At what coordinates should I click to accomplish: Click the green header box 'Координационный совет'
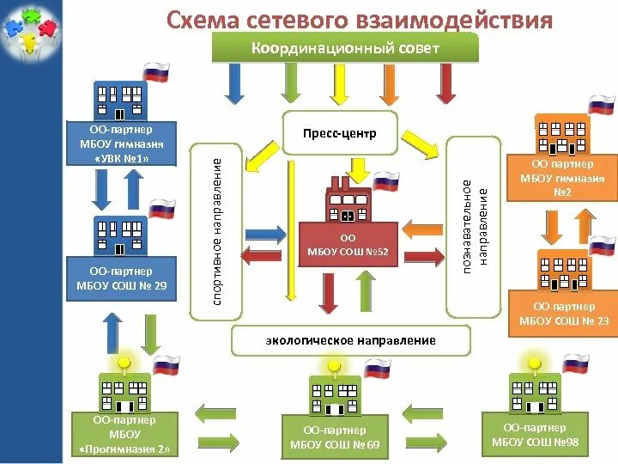tap(345, 48)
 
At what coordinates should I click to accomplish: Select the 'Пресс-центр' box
tap(340, 134)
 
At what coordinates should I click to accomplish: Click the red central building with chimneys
tap(347, 203)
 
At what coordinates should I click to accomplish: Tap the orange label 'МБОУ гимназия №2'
tap(563, 178)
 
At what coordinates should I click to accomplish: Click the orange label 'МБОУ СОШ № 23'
tap(563, 314)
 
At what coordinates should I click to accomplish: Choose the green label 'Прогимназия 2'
tap(125, 435)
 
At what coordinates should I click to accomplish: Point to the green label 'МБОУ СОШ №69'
tap(335, 437)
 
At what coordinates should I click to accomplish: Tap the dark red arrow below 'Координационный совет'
tap(445, 84)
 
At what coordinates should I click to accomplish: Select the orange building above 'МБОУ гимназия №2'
tap(561, 133)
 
